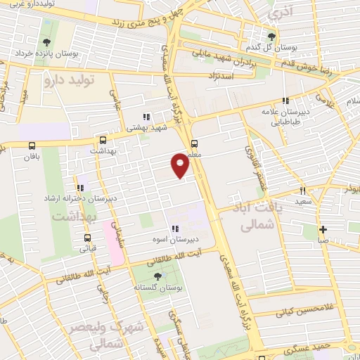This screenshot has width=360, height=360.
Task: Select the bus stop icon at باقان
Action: [x=31, y=146]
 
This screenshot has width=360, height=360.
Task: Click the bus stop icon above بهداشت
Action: [x=103, y=140]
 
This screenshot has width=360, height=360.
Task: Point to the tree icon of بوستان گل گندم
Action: [x=272, y=37]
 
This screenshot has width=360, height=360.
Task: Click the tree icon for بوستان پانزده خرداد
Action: [x=47, y=43]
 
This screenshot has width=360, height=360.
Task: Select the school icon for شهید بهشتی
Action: [x=146, y=117]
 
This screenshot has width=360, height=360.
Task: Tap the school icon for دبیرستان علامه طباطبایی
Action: [x=285, y=101]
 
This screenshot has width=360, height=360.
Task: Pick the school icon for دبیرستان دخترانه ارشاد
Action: [x=80, y=188]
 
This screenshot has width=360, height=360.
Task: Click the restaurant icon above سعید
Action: [x=303, y=191]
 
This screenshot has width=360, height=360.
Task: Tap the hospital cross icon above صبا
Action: [x=323, y=229]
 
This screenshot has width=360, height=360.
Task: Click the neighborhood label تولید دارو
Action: [x=69, y=80]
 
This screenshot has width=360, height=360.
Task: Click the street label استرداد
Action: [x=220, y=75]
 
